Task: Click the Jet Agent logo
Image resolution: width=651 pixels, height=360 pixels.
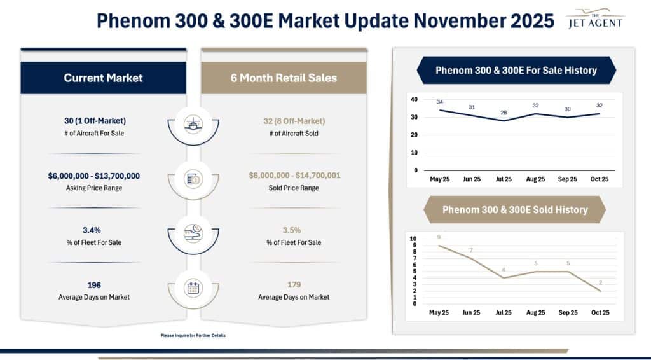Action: point(595,19)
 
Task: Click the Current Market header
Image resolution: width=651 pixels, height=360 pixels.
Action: point(103,78)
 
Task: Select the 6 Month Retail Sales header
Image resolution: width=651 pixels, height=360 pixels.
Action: point(284,78)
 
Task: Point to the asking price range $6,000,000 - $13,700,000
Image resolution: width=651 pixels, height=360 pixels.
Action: point(94,176)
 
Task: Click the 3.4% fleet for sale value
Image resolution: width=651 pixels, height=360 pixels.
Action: point(94,230)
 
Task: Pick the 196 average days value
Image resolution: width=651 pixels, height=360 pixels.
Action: point(94,285)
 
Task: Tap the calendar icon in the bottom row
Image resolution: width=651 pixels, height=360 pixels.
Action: point(193,288)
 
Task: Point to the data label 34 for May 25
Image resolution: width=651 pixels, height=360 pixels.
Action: point(440,102)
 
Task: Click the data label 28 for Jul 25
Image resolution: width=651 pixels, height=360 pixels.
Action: point(504,113)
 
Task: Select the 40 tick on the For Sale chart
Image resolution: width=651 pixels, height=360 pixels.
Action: point(414,99)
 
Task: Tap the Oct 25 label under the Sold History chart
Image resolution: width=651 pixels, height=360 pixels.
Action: point(600,313)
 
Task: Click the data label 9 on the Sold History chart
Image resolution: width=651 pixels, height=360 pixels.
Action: point(439,237)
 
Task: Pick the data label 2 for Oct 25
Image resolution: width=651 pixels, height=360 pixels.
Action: point(600,282)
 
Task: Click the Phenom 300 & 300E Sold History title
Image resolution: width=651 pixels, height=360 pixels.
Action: point(514,209)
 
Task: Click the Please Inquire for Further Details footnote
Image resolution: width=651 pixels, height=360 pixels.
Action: point(193,335)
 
